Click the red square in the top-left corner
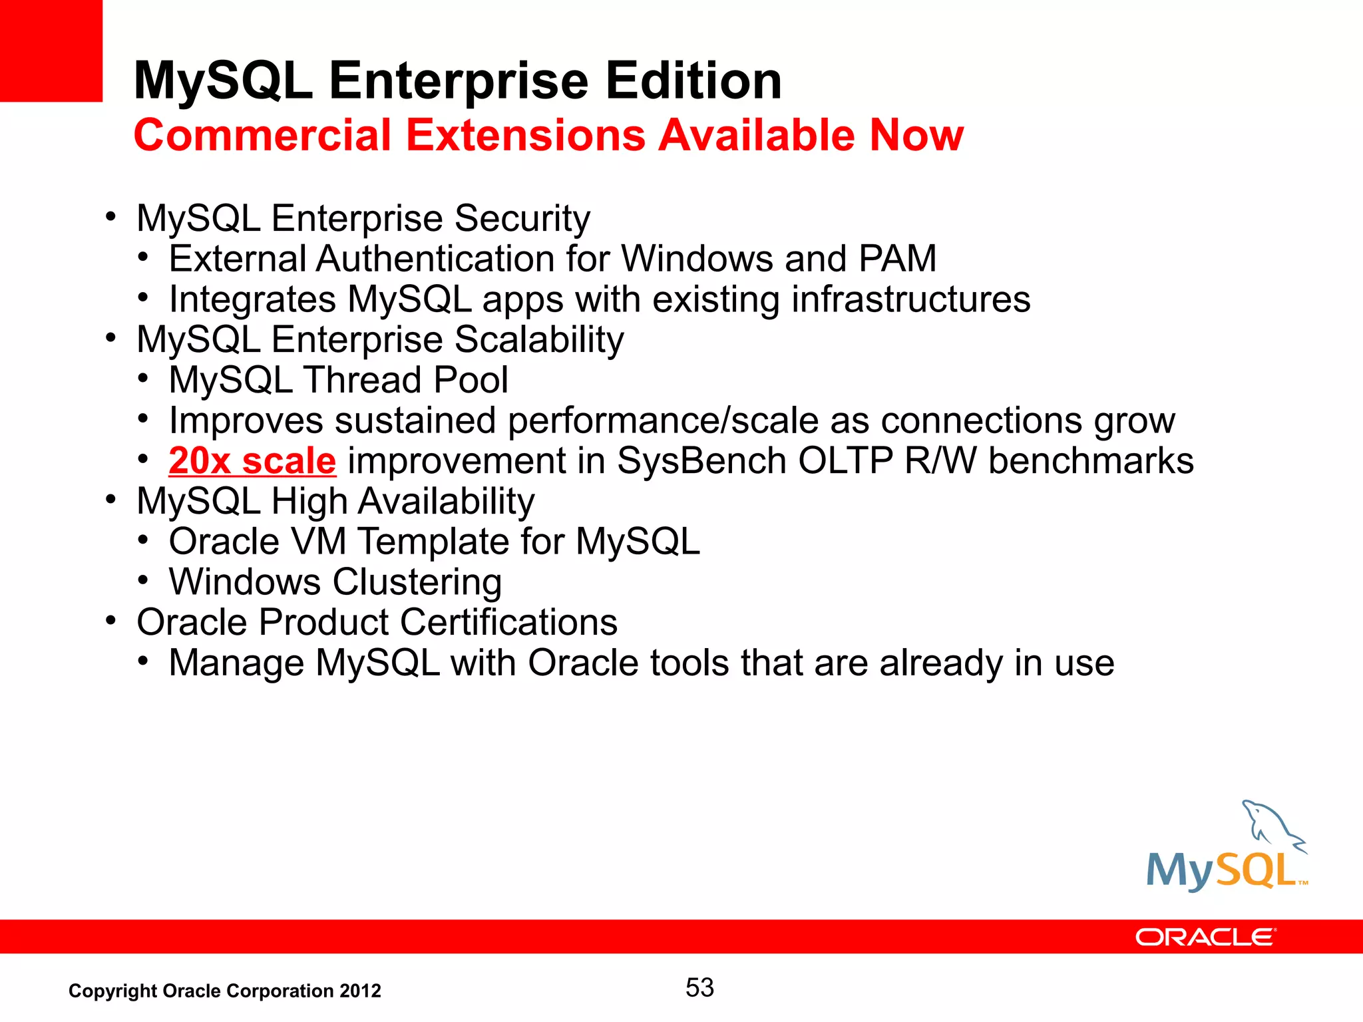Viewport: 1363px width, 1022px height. (51, 51)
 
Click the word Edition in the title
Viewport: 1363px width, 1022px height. (693, 81)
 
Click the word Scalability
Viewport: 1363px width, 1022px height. (539, 340)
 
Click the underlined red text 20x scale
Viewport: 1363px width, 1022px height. (252, 461)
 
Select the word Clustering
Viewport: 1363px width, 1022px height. (417, 582)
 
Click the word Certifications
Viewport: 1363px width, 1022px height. (508, 623)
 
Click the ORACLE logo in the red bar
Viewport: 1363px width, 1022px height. (1205, 937)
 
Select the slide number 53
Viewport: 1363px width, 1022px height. (699, 988)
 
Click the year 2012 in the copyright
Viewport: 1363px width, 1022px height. (360, 991)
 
